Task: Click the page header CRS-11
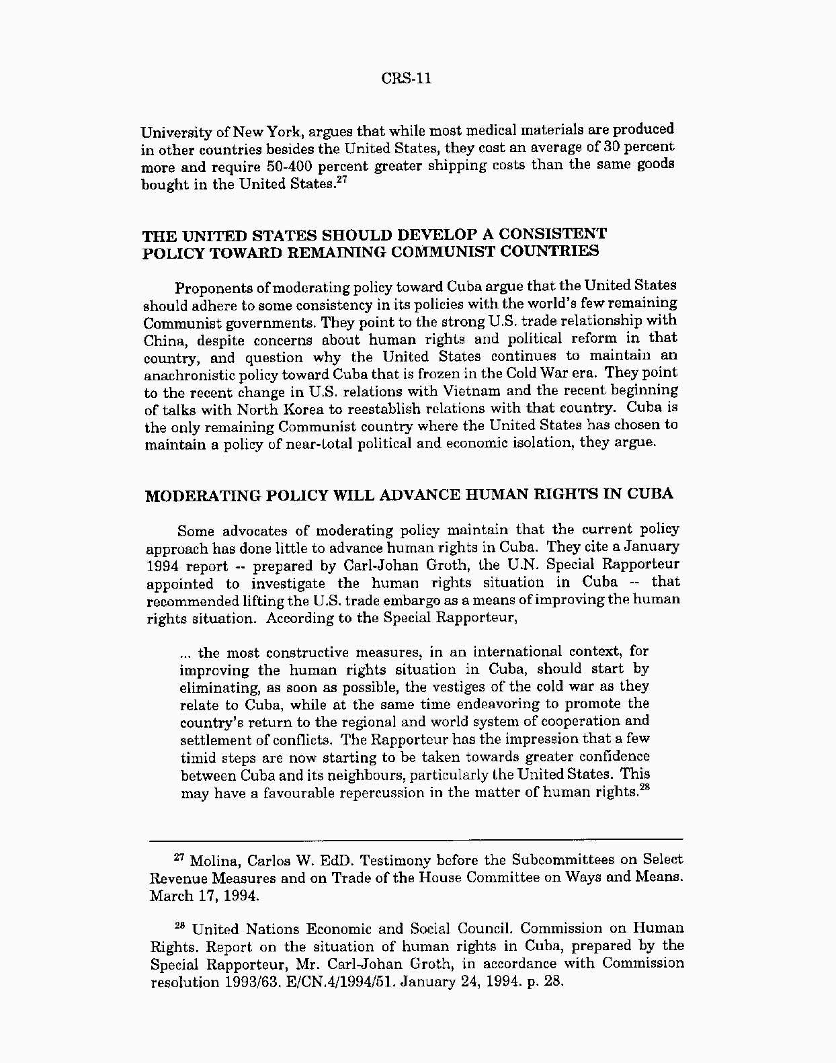click(x=407, y=79)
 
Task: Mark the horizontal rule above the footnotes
click(x=415, y=839)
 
